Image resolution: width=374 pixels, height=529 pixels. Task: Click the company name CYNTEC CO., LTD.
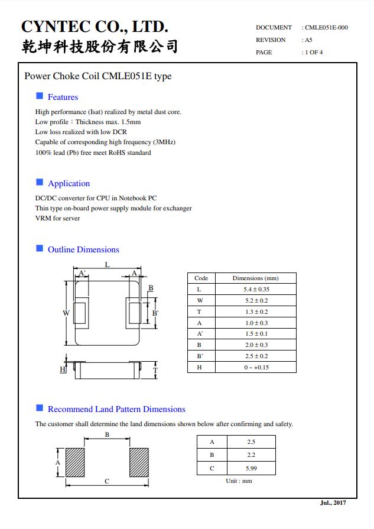pyautogui.click(x=95, y=27)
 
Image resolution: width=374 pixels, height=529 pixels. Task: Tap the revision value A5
pyautogui.click(x=308, y=40)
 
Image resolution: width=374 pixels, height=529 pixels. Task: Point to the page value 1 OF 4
pyautogui.click(x=314, y=53)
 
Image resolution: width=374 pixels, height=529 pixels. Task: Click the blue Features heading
pyautogui.click(x=63, y=98)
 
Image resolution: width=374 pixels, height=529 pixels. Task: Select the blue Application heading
pyautogui.click(x=69, y=184)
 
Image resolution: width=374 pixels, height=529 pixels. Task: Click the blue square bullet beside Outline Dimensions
pyautogui.click(x=40, y=249)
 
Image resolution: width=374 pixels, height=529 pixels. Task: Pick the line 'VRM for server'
pyautogui.click(x=57, y=219)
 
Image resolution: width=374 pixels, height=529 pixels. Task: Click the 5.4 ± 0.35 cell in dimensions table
pyautogui.click(x=256, y=290)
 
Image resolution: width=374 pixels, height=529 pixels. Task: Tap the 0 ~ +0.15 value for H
pyautogui.click(x=256, y=368)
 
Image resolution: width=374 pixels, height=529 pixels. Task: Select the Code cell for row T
pyautogui.click(x=199, y=312)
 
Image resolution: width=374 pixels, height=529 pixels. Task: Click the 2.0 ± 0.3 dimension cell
pyautogui.click(x=256, y=345)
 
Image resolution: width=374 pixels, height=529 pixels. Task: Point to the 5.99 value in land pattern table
pyautogui.click(x=251, y=469)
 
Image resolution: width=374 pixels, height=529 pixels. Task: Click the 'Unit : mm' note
pyautogui.click(x=239, y=481)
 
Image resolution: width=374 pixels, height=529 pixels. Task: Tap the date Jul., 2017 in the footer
pyautogui.click(x=333, y=503)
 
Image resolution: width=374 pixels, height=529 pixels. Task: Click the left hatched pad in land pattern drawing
pyautogui.click(x=75, y=462)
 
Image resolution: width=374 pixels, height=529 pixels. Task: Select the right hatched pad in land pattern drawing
pyautogui.click(x=139, y=462)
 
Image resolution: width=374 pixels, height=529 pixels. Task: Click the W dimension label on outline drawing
pyautogui.click(x=66, y=313)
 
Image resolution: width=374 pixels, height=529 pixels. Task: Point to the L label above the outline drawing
pyautogui.click(x=107, y=265)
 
